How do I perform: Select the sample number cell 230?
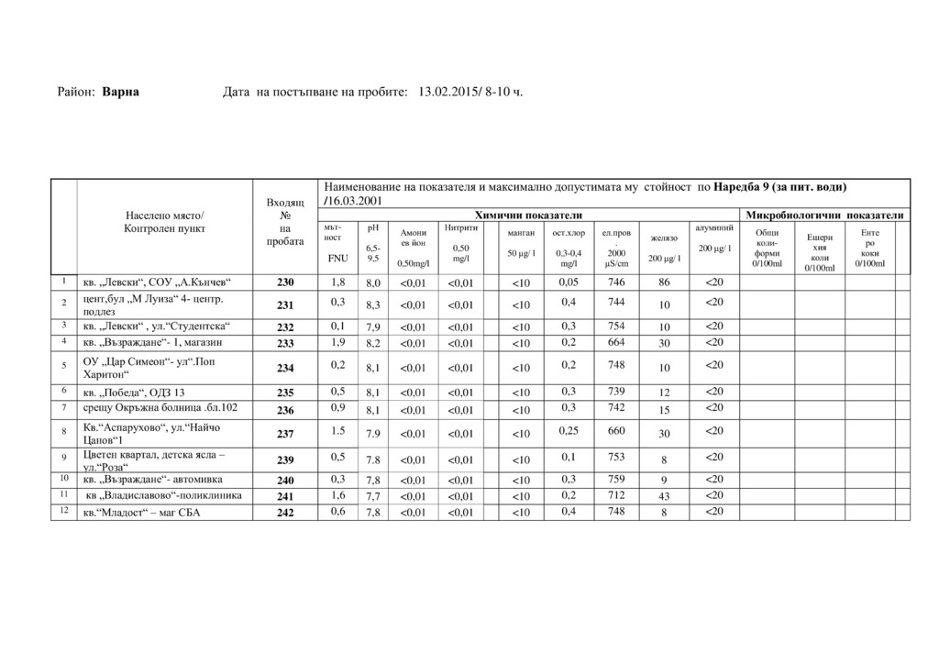(286, 282)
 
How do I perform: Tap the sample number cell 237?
(286, 434)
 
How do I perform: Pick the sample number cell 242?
(286, 513)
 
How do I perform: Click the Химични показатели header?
(528, 215)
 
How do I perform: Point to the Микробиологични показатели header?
(826, 215)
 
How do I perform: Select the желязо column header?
(664, 238)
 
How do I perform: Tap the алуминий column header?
(714, 227)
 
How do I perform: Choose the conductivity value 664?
(616, 341)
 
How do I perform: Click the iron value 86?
(664, 282)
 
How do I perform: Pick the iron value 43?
(664, 496)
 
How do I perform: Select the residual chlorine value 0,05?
(569, 282)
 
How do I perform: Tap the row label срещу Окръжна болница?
(160, 407)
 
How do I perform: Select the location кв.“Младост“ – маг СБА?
(141, 513)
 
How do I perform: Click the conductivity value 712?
(616, 494)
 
